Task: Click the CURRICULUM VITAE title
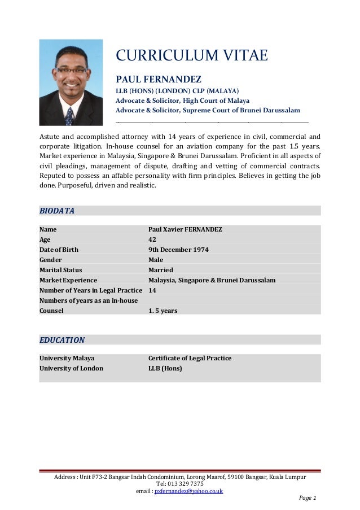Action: (191, 55)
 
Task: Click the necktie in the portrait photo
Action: (69, 116)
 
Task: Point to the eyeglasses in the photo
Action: (72, 71)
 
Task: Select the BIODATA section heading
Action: (57, 211)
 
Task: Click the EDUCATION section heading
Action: (62, 340)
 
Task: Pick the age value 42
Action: (152, 239)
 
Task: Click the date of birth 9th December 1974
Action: (178, 250)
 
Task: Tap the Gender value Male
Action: (156, 260)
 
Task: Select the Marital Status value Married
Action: (160, 270)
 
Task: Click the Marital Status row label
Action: (60, 270)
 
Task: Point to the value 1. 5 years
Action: (163, 311)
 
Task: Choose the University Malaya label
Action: (67, 358)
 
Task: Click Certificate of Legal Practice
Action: (190, 358)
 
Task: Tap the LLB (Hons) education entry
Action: (165, 368)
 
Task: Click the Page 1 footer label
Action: (307, 498)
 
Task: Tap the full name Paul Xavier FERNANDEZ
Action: (185, 229)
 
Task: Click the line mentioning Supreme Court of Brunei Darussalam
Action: (208, 110)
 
